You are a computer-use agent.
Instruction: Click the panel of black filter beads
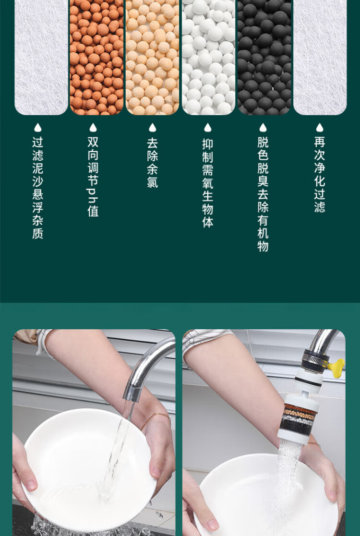pos(264,57)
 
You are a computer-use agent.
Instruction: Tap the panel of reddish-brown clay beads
pos(97,57)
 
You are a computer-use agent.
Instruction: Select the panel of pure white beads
pos(208,57)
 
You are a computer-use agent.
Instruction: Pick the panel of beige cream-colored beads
pos(153,57)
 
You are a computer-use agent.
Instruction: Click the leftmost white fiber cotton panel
pos(41,57)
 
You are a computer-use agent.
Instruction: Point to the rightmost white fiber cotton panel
pos(320,57)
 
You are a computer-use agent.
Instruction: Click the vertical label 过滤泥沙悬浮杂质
pos(37,188)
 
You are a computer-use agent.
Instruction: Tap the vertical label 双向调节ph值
pos(93,177)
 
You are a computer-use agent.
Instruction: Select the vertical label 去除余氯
pos(153,162)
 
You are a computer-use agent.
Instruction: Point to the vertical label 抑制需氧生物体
pos(207,183)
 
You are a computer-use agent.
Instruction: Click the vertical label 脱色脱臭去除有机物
pos(263,194)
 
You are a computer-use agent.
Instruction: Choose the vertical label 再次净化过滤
pos(320,174)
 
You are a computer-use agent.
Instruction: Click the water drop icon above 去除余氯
pos(153,128)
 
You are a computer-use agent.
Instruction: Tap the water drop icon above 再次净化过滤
pos(320,128)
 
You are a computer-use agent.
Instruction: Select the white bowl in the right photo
pos(268,496)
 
